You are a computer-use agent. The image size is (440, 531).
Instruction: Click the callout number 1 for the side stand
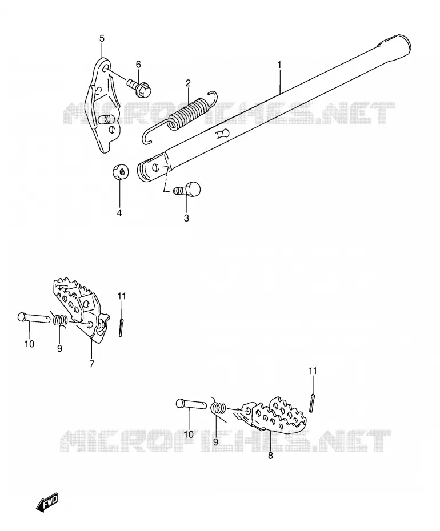coord(279,65)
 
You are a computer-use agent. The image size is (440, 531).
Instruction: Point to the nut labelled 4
coord(120,170)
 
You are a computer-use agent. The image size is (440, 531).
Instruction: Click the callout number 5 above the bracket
coord(102,38)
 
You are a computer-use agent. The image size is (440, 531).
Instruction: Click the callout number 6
coord(138,65)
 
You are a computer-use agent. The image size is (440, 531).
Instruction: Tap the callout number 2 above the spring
coord(188,83)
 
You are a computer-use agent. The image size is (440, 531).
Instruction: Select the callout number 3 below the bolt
coord(186,218)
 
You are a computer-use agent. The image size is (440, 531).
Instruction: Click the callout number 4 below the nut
coord(119,213)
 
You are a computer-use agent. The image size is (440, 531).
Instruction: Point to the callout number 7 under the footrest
coord(92,364)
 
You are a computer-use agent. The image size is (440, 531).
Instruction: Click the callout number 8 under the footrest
coord(270,456)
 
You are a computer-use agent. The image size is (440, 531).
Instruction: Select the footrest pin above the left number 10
coord(34,317)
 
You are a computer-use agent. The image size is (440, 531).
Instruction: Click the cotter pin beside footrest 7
coord(121,327)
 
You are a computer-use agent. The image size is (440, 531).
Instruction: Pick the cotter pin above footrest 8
coord(312,403)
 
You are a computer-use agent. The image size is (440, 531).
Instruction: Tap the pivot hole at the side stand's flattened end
coord(156,167)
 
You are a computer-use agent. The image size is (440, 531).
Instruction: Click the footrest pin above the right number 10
coord(191,404)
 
